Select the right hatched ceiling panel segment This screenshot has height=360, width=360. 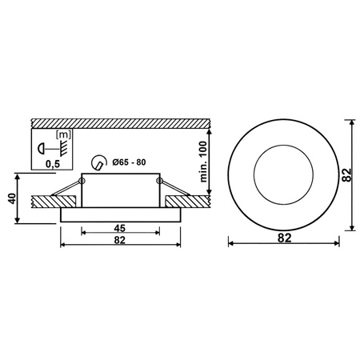[192, 199]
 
